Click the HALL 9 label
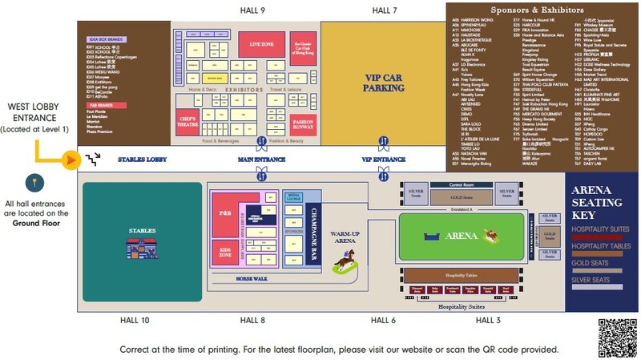point(252,10)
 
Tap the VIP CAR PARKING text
point(384,83)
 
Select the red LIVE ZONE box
point(262,43)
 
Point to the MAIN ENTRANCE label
point(261,159)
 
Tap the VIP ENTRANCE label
point(384,159)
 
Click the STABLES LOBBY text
point(143,160)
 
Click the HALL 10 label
point(134,320)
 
